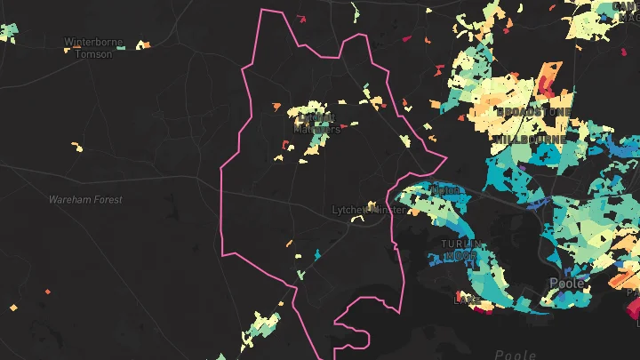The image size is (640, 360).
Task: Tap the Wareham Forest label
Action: pos(85,200)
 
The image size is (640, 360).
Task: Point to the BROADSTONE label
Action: pos(533,112)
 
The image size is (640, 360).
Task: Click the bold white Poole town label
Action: pos(567,284)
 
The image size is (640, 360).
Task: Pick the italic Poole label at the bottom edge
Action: pos(516,355)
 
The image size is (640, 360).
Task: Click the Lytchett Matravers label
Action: pos(316,123)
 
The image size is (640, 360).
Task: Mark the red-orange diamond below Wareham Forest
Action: pos(49,291)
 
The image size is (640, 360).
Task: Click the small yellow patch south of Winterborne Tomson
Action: pos(76,147)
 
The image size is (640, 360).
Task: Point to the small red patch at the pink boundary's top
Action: pos(300,18)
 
